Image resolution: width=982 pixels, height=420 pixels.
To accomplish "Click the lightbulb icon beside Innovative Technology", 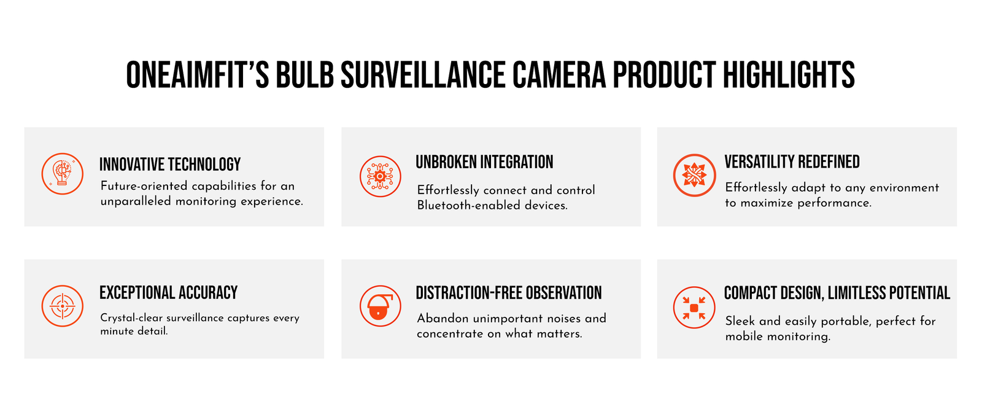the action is pyautogui.click(x=62, y=174).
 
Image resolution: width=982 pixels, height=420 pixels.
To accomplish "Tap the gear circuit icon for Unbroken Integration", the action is pyautogui.click(x=380, y=176).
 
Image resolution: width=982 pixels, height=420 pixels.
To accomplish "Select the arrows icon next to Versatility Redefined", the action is pyautogui.click(x=694, y=175).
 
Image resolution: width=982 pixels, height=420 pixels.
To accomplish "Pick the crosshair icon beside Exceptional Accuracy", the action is pyautogui.click(x=62, y=306).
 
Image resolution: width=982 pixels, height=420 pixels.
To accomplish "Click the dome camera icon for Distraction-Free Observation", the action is pyautogui.click(x=380, y=306).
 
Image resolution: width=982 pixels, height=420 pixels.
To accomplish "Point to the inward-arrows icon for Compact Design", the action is pyautogui.click(x=694, y=308).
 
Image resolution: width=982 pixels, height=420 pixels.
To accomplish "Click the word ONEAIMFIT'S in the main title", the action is pyautogui.click(x=198, y=75).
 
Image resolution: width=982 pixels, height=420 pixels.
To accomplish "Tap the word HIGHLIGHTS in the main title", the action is pyautogui.click(x=789, y=75).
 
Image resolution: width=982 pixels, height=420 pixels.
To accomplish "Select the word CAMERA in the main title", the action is pyautogui.click(x=559, y=75).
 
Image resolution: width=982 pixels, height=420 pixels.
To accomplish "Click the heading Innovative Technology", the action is pyautogui.click(x=170, y=165).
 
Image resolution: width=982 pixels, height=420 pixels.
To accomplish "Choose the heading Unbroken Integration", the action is pyautogui.click(x=484, y=161).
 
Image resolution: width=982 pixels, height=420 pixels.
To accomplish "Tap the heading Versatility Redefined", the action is pyautogui.click(x=792, y=161).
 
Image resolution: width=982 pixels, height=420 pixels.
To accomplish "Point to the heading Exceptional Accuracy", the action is pyautogui.click(x=168, y=292).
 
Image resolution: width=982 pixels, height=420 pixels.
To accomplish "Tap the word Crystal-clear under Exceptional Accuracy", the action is pyautogui.click(x=131, y=318).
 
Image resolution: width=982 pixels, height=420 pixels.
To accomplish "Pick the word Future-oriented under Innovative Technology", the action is pyautogui.click(x=144, y=186).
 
